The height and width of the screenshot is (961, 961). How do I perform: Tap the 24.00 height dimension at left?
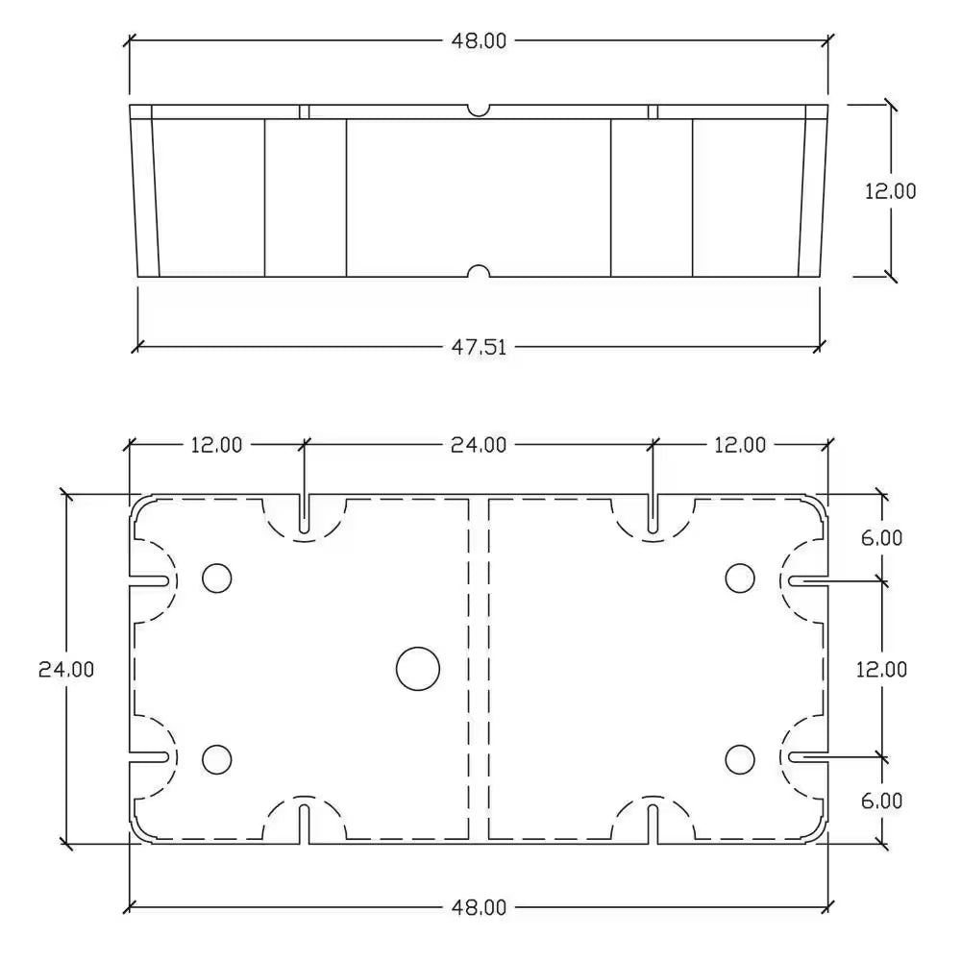click(x=66, y=669)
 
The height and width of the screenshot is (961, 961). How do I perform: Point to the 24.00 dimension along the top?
click(x=478, y=445)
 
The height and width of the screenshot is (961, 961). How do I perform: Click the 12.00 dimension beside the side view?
click(x=890, y=190)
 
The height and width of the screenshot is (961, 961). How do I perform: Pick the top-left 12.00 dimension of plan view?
click(x=215, y=445)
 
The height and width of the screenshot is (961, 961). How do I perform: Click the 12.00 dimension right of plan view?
click(x=881, y=669)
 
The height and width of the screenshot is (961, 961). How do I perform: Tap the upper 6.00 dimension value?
click(x=881, y=538)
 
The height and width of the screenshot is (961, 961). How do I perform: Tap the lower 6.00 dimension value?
click(x=881, y=800)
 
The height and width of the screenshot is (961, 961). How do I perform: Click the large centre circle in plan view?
click(x=418, y=668)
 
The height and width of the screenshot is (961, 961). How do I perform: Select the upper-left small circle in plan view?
click(x=217, y=577)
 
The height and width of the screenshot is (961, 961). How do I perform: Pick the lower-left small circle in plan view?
click(x=217, y=759)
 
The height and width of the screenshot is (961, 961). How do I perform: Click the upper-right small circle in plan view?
click(x=739, y=577)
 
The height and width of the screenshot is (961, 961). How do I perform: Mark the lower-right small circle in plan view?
click(x=739, y=759)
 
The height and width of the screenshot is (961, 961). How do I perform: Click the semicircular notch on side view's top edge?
click(x=478, y=110)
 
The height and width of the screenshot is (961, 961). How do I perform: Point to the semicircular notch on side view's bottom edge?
click(x=478, y=272)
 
